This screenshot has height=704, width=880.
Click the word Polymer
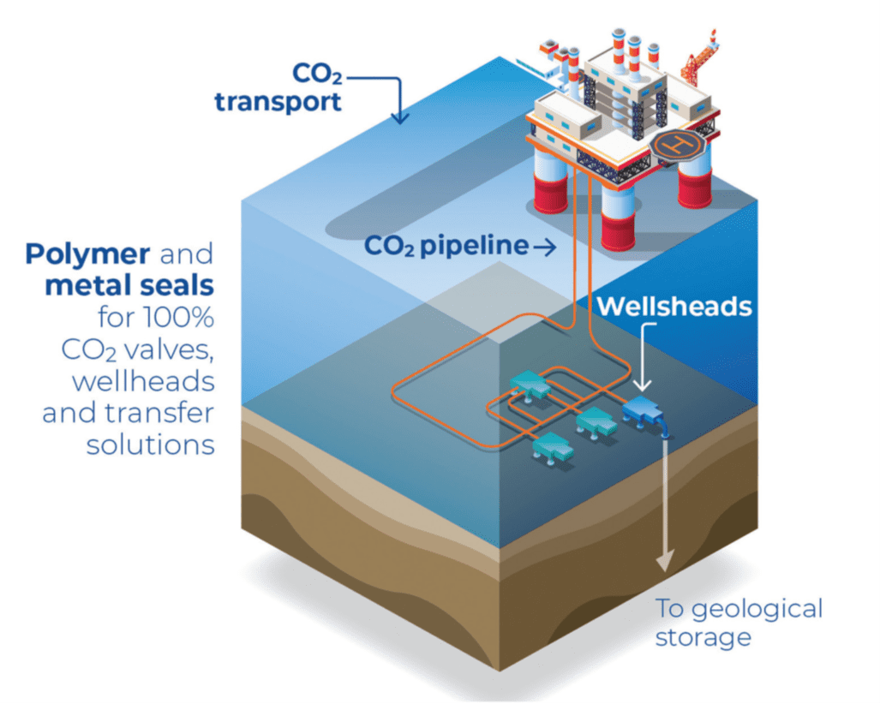89,254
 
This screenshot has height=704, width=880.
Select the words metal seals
129,285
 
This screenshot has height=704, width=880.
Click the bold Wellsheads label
673,306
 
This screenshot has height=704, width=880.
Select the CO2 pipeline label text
446,247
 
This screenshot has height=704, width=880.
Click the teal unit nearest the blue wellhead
592,420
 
